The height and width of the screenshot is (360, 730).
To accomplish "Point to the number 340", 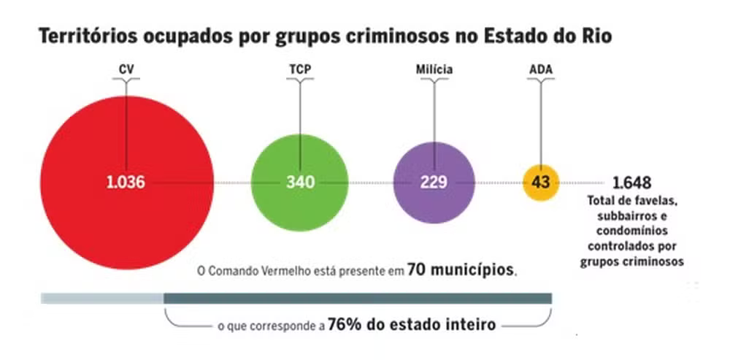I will tap(300, 183).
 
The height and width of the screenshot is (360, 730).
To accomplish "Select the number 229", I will tap(434, 183).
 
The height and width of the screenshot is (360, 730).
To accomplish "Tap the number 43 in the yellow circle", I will tap(541, 182).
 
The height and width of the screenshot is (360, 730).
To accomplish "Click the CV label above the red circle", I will tap(126, 70).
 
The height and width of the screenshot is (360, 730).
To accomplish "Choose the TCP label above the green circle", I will tap(300, 70).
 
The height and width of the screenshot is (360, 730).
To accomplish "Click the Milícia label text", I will tap(434, 70).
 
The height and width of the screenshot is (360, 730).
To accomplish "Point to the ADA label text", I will tap(541, 70).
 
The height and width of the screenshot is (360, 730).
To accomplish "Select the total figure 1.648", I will tap(632, 183).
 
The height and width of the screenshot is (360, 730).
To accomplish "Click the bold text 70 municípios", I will tap(461, 269).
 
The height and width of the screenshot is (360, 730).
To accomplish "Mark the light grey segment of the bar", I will tap(102, 298).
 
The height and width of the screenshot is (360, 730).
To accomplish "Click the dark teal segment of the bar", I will tap(358, 298).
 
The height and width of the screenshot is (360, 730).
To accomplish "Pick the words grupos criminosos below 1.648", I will tap(632, 261).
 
